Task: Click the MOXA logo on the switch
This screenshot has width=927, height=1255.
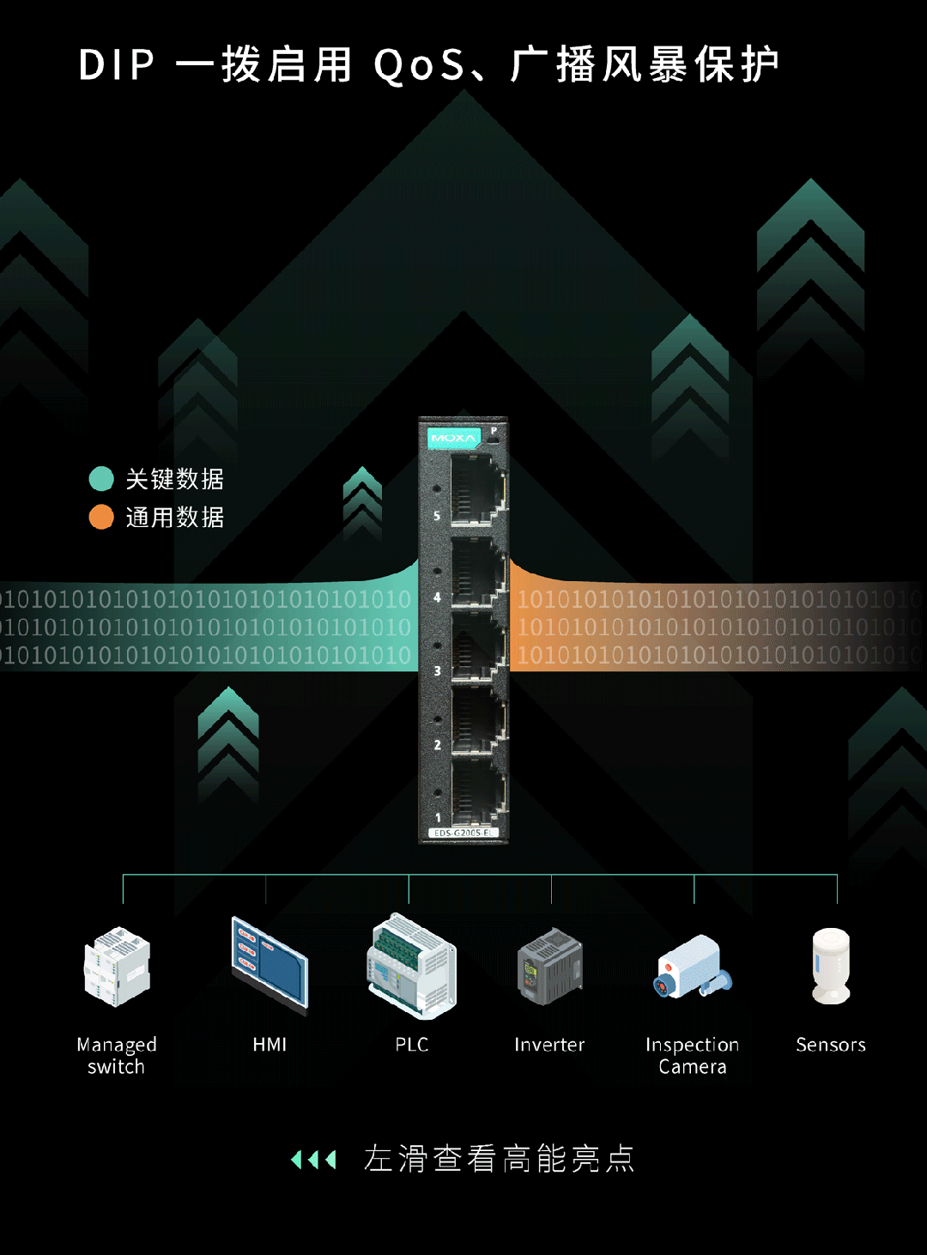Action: point(452,438)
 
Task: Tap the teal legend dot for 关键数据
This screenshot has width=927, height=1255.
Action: point(101,479)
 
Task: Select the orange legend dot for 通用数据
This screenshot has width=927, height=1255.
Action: point(101,517)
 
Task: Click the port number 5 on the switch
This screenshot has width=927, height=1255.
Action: point(437,516)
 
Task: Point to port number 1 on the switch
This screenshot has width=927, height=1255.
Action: point(438,818)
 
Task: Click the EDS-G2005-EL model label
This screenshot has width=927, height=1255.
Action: point(463,833)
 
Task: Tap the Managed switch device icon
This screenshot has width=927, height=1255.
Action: point(118,967)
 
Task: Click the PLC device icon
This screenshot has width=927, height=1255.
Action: point(412,967)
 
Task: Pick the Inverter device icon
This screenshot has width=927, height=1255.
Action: point(550,967)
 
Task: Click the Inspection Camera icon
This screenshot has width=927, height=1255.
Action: point(693,967)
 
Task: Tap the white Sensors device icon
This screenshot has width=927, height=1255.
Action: point(831,966)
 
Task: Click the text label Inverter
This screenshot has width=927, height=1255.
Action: point(549,1045)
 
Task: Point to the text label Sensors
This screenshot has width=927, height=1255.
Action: point(831,1045)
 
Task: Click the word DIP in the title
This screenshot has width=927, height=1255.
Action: point(117,65)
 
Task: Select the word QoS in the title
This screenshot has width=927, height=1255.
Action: point(419,65)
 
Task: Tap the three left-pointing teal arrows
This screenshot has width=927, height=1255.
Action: point(313,1161)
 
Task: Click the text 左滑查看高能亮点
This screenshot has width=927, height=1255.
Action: point(499,1159)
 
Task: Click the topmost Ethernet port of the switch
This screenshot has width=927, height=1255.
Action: point(476,489)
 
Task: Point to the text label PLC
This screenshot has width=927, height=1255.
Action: point(412,1045)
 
